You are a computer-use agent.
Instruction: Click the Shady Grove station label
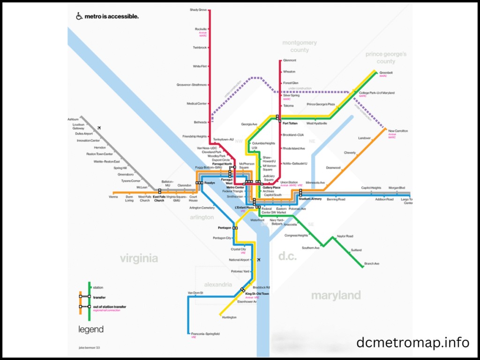tap(198, 10)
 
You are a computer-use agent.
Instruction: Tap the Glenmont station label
tap(290, 60)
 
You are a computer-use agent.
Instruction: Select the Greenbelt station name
tap(386, 73)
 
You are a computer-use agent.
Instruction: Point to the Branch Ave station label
tap(372, 264)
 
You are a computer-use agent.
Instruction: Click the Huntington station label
tap(229, 317)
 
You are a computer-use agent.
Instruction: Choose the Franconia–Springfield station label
tap(205, 334)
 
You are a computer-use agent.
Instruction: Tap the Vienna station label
tap(113, 197)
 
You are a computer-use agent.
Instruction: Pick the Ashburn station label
tap(73, 120)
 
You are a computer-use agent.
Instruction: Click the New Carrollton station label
tap(398, 131)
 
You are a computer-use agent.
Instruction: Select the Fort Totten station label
tap(291, 123)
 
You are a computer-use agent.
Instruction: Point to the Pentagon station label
tap(225, 228)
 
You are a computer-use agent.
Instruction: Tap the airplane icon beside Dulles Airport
tap(99, 128)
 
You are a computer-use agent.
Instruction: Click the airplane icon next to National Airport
tap(258, 260)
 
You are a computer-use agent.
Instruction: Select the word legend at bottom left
tap(90, 330)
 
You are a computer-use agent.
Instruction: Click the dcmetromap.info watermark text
tap(412, 343)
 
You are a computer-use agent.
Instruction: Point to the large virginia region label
tap(139, 258)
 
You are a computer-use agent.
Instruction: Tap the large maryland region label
tap(336, 295)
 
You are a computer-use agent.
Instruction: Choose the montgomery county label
tap(300, 46)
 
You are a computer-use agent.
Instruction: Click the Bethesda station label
tap(200, 122)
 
